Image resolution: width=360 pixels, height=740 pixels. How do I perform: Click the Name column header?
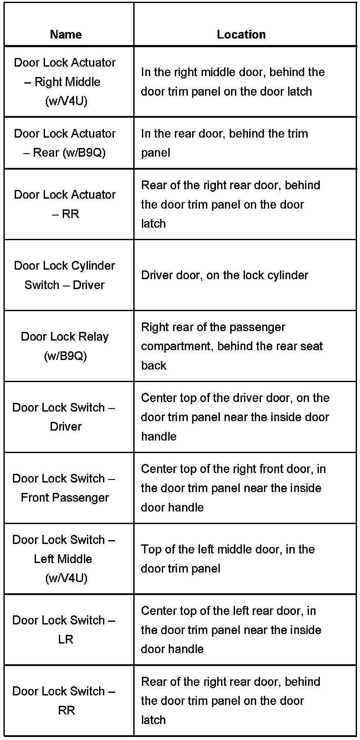tap(66, 35)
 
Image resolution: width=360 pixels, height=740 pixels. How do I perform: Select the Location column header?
tap(241, 35)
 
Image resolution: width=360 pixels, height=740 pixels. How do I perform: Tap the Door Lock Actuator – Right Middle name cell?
tap(65, 81)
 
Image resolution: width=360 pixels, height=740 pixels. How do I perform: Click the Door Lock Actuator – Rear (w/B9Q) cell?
tap(65, 143)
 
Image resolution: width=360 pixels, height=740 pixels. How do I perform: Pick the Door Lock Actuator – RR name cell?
tap(65, 204)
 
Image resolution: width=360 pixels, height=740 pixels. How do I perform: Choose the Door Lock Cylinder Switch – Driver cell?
tap(65, 275)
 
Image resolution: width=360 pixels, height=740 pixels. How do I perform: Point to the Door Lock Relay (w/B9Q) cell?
tap(65, 346)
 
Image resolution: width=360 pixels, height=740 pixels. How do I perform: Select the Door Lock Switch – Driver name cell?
tap(64, 417)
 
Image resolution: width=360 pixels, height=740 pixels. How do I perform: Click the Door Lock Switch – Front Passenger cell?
tap(64, 488)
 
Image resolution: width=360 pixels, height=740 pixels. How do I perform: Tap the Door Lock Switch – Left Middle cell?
tap(64, 559)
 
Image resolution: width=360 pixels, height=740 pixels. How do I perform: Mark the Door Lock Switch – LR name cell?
tap(64, 630)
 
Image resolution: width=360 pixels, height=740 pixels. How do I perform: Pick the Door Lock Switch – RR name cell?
tap(64, 701)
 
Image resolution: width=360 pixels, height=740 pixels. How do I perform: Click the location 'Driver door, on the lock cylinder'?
tap(225, 275)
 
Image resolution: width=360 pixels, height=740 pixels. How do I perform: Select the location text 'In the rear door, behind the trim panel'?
tap(225, 143)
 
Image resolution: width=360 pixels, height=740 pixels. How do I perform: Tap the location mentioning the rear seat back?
tap(232, 346)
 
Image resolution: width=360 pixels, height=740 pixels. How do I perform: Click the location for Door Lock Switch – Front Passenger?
tap(233, 488)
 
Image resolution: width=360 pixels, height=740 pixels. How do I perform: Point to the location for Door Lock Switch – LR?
tap(231, 630)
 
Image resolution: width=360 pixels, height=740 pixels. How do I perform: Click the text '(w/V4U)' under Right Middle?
tap(66, 101)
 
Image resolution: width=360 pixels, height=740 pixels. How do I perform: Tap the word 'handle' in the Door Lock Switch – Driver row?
tap(159, 436)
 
